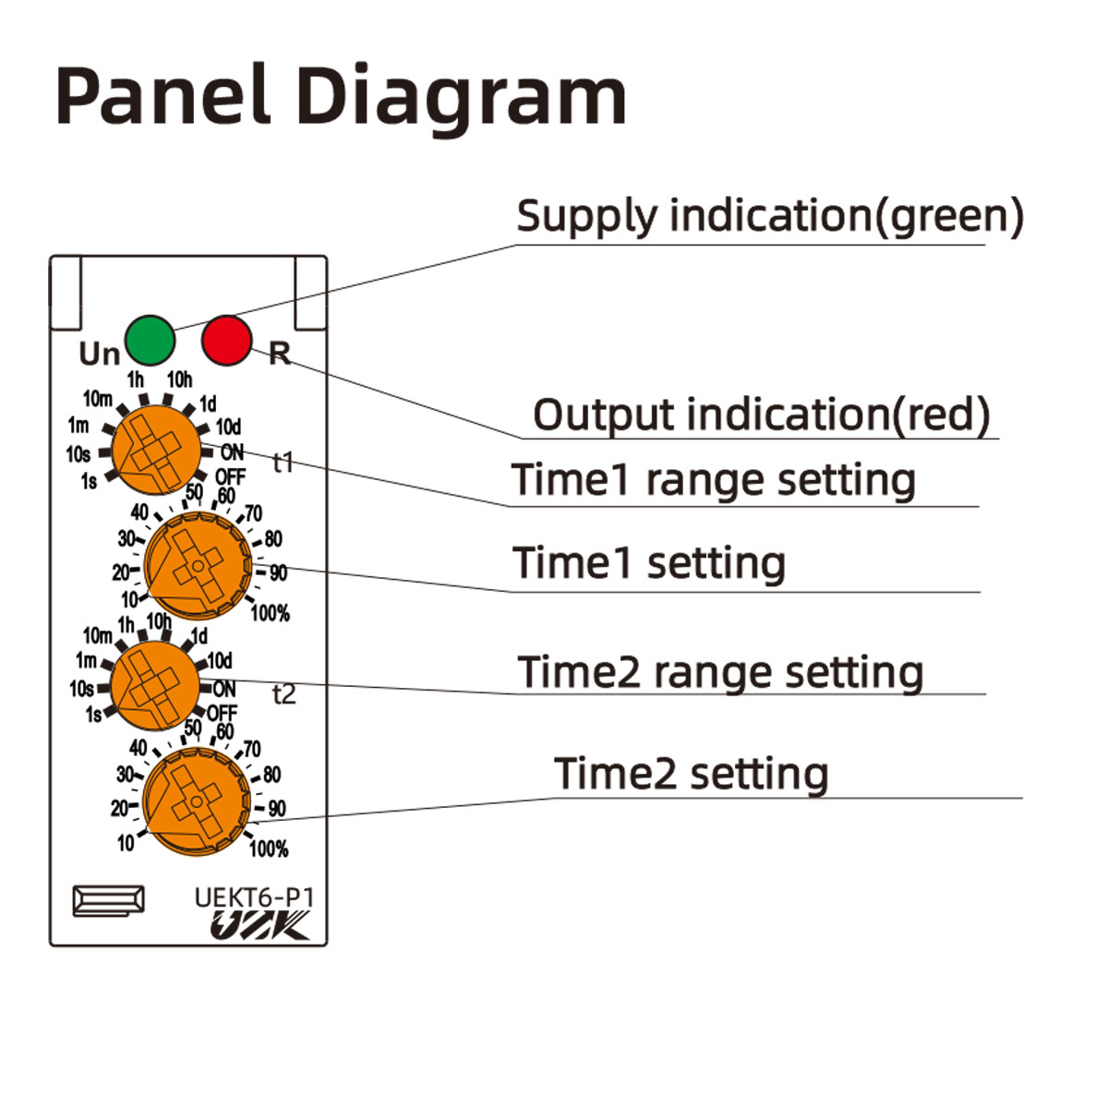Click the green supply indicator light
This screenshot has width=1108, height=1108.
click(150, 340)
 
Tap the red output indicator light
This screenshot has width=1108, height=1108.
click(226, 340)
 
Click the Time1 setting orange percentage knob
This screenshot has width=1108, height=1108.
click(198, 566)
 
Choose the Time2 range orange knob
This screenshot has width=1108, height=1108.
click(154, 685)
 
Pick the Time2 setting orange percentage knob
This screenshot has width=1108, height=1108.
click(197, 801)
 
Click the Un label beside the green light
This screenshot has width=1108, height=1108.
click(99, 354)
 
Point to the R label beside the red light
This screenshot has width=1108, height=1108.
click(279, 353)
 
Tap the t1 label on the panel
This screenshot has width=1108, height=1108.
click(283, 462)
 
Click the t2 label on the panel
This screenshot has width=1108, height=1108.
click(284, 694)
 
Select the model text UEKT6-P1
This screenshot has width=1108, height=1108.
click(254, 897)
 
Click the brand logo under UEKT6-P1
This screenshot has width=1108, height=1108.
click(259, 926)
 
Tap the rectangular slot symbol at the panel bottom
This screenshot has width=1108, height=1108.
click(108, 901)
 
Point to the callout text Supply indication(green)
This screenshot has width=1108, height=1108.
click(769, 216)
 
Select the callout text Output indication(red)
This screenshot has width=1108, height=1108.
click(761, 415)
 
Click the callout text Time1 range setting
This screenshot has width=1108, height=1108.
click(713, 480)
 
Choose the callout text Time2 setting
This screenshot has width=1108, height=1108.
click(691, 774)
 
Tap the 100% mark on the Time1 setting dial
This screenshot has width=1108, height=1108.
click(270, 612)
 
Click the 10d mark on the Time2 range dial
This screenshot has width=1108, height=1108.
click(220, 661)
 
